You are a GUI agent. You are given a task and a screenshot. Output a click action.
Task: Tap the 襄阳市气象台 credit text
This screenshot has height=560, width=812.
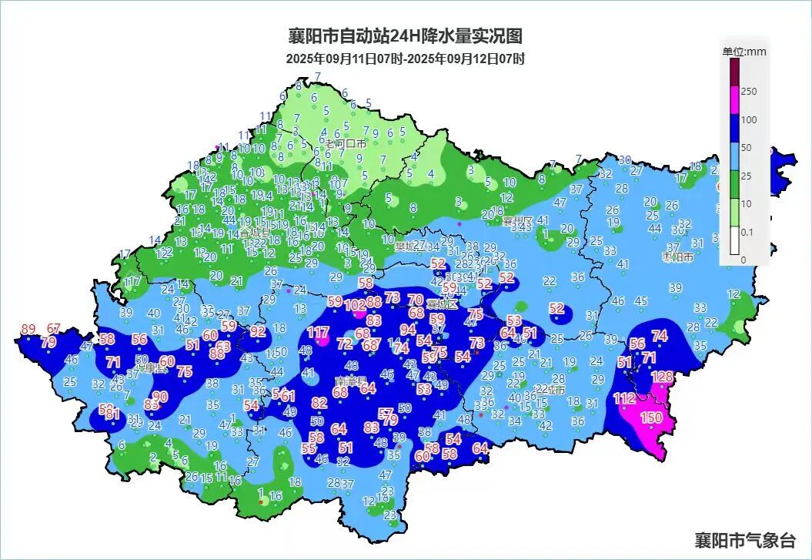[x=744, y=539]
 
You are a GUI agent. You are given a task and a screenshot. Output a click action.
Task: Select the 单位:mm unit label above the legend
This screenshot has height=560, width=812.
[x=743, y=52]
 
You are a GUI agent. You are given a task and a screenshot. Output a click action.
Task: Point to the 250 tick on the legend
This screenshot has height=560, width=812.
[x=748, y=91]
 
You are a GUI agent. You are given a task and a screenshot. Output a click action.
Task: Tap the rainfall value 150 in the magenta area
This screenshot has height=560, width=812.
[x=651, y=417]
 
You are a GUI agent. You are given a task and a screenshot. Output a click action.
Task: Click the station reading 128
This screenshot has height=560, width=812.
[x=662, y=377]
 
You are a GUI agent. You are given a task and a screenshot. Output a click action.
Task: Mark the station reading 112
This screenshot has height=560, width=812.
[x=625, y=398]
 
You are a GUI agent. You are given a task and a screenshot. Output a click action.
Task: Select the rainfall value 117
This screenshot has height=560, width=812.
[x=318, y=333]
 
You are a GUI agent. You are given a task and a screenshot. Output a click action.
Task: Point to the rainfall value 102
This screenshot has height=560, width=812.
[x=355, y=306]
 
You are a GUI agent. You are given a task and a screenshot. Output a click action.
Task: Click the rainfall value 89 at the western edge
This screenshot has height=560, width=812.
[x=28, y=329]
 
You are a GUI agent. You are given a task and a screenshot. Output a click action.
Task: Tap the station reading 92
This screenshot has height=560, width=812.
[x=258, y=332]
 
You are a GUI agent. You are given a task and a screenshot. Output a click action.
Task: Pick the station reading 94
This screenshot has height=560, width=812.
[x=408, y=330]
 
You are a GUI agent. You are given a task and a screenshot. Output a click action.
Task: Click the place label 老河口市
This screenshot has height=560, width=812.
[x=345, y=144]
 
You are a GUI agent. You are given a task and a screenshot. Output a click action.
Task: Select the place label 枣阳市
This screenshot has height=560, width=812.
[x=677, y=257]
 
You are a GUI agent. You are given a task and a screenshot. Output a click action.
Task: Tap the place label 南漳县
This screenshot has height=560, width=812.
[x=351, y=381]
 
